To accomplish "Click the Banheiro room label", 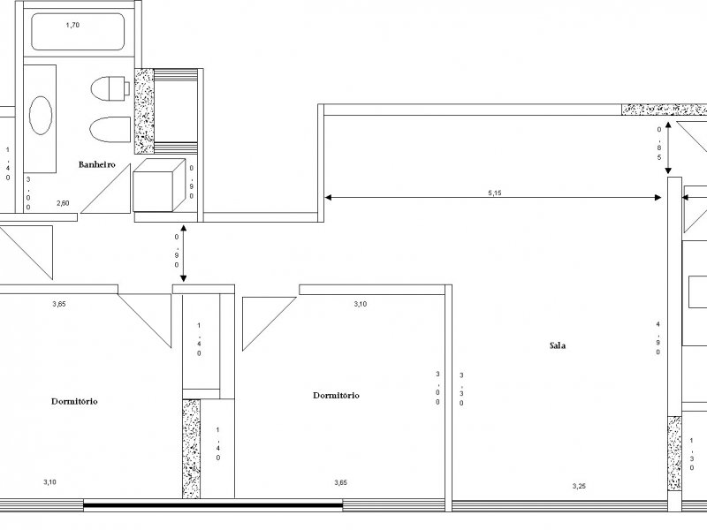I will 97,165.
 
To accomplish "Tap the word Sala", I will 557,345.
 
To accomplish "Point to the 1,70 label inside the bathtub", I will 72,26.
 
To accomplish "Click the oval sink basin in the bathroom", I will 41,115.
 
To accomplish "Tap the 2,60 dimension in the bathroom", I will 64,203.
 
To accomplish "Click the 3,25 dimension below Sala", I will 579,486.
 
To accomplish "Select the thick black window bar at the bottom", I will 212,506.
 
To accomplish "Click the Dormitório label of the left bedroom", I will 74,401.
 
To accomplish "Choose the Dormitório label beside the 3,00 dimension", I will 336,396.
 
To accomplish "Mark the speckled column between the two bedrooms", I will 192,448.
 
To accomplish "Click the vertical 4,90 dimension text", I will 657,338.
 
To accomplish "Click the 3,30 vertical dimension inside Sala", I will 461,389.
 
